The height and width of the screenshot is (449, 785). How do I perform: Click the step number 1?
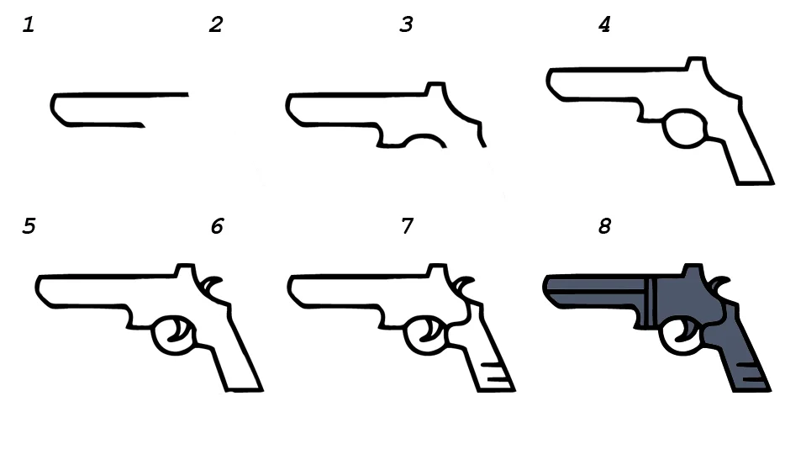[29, 25]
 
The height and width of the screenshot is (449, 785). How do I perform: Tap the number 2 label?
[216, 24]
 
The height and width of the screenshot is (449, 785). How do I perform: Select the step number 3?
[406, 24]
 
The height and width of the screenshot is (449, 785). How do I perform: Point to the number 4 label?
[604, 24]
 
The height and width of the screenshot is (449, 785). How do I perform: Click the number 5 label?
[29, 226]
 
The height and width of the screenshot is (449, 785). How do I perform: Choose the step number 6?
[217, 226]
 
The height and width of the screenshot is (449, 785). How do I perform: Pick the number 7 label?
[407, 226]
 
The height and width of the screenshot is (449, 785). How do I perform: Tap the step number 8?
[604, 226]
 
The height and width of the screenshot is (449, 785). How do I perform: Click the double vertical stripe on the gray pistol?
[651, 302]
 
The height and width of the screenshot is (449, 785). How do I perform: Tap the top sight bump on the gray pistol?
[693, 269]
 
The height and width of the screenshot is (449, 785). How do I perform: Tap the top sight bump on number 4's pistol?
[697, 62]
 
